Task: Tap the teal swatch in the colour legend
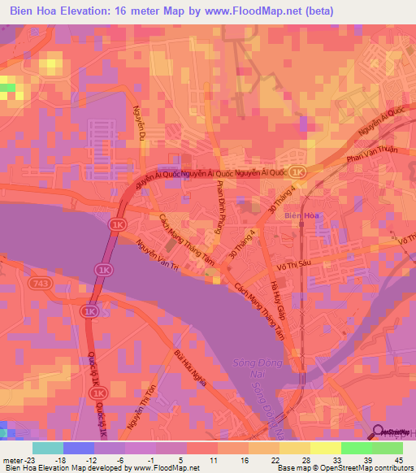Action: (x=47, y=448)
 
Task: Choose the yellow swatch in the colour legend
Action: (x=326, y=448)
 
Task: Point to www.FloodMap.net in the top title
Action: (x=245, y=11)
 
